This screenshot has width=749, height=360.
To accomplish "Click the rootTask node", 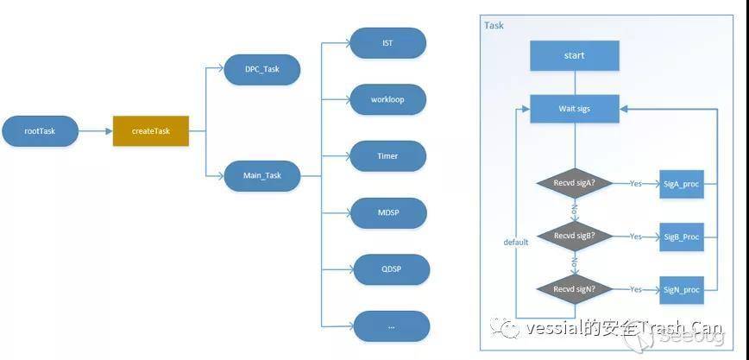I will point(41,130).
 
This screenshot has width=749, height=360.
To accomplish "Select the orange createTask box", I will point(151,130).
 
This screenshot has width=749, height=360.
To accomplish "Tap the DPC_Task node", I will point(261,69).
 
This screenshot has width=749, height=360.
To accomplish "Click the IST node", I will point(387,43).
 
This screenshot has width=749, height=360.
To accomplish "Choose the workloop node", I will point(387,99).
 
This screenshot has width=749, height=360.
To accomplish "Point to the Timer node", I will point(387,156).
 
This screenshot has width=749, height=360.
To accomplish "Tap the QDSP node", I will point(391,268).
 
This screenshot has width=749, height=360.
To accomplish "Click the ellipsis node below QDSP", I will point(391,325).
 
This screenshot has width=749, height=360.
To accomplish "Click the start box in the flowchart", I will point(574,56).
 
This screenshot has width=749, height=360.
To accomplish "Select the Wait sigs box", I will point(574,109).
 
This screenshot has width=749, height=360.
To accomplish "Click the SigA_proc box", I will point(681,184).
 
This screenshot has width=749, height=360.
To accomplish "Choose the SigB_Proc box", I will point(681,237).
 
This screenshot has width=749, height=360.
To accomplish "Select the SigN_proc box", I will point(681,290).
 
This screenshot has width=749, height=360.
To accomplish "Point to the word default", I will point(516,242).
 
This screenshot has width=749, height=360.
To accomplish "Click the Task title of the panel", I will point(494,25).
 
